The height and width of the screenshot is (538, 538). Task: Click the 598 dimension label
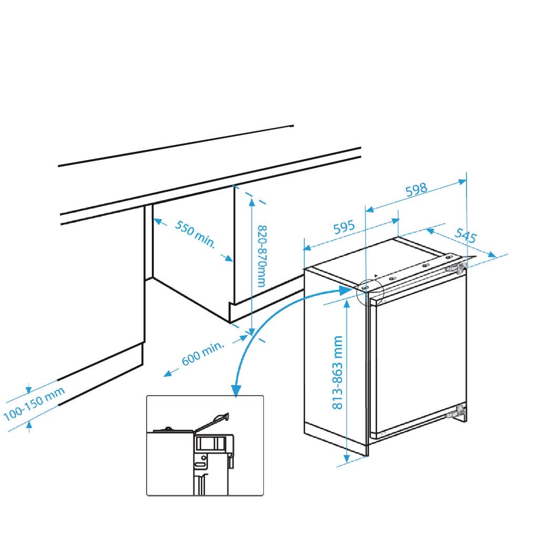click(x=417, y=190)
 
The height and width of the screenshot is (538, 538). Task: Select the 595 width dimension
click(x=344, y=227)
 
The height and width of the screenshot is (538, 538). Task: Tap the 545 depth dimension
click(x=465, y=235)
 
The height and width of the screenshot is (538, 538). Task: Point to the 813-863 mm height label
click(x=338, y=373)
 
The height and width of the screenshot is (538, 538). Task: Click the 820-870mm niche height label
click(x=262, y=256)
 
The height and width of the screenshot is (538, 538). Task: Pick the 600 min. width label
click(x=203, y=354)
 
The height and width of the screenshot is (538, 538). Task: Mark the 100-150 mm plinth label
click(x=34, y=404)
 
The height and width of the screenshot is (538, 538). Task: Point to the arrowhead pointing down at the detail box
click(x=236, y=391)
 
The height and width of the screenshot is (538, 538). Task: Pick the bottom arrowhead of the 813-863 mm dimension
click(x=347, y=458)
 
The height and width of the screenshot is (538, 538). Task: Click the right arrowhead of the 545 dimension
click(x=492, y=254)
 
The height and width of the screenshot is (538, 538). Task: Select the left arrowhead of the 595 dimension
click(x=307, y=248)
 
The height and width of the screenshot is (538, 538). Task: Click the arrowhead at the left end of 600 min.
click(x=168, y=374)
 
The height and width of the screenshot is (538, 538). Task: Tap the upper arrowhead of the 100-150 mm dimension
click(x=29, y=389)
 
